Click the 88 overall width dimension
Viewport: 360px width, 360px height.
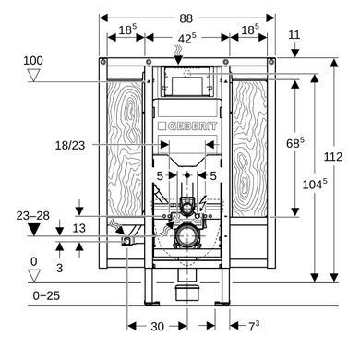point(186,18)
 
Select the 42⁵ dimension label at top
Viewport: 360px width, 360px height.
point(186,39)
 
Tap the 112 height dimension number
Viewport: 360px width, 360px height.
point(333,157)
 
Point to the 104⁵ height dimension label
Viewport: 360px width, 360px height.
point(315,185)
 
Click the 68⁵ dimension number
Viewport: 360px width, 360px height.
point(295,143)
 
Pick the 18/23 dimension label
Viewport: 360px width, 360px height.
point(70,145)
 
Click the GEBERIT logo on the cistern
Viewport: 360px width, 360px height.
point(187,126)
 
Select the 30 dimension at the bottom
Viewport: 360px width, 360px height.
point(157,327)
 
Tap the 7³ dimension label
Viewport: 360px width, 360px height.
point(254,326)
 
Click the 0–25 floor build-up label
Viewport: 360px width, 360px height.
point(46,295)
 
